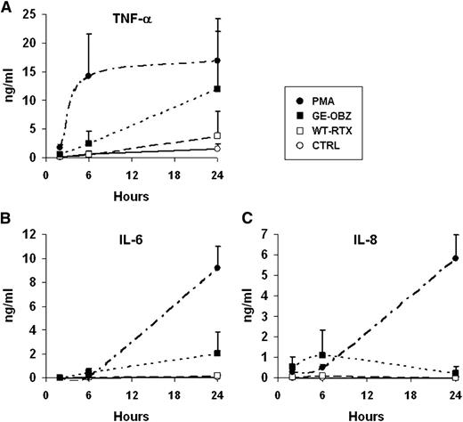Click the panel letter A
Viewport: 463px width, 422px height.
[6, 7]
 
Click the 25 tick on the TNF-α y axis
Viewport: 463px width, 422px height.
[33, 15]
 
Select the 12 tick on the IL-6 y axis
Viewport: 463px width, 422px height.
[33, 234]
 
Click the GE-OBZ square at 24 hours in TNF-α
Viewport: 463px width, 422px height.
[218, 89]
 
